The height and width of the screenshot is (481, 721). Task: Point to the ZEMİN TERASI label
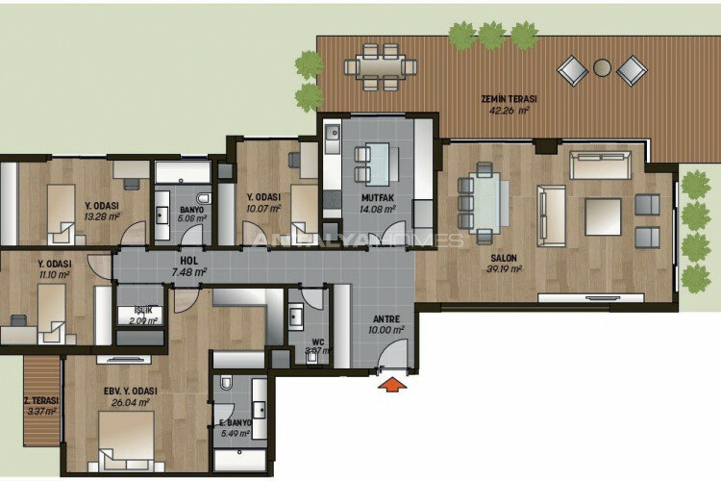point(509,99)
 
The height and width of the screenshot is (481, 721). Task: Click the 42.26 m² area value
point(510,110)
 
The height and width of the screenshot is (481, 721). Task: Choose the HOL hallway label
point(188,260)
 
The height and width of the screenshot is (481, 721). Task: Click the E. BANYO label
point(235,423)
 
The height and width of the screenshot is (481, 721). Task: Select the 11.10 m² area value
point(53,275)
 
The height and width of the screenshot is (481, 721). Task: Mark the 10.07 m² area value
point(262,206)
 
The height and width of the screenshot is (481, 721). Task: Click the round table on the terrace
point(603,69)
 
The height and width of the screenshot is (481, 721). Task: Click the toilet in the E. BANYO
point(225,384)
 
